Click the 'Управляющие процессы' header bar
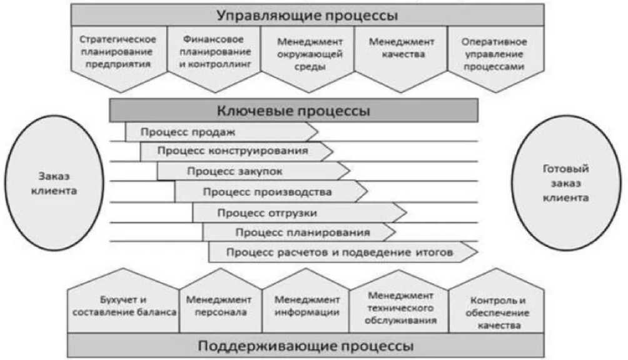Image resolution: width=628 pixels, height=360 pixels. (x=307, y=14)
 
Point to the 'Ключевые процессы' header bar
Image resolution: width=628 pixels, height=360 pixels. (x=293, y=111)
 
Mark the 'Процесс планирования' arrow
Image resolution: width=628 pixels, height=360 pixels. (x=298, y=232)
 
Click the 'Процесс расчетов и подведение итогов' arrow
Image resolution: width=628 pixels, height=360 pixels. (x=341, y=252)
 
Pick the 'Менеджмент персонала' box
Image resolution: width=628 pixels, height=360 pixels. (x=220, y=304)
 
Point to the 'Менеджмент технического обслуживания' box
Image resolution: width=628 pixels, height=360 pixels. (x=400, y=304)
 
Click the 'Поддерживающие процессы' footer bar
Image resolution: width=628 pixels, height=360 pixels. (x=306, y=346)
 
